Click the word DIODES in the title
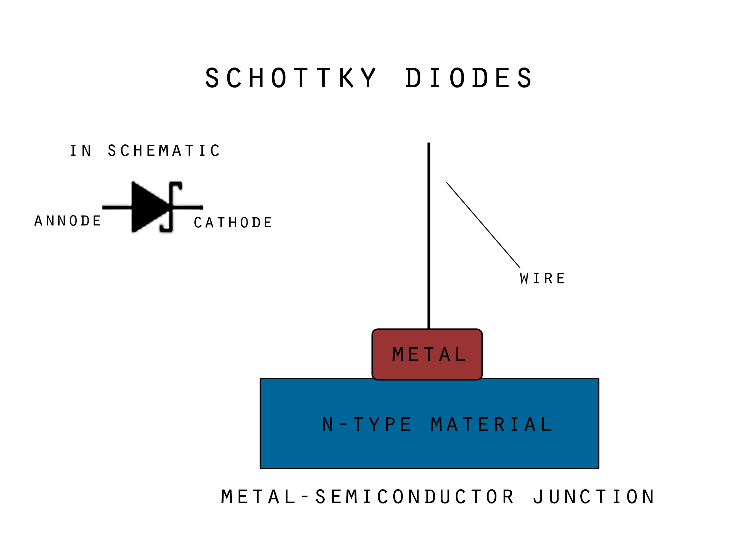[x=469, y=78]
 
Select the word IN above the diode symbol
[x=81, y=151]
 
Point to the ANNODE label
[x=68, y=221]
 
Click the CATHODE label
[x=233, y=223]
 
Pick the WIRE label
[x=542, y=279]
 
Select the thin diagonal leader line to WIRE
[x=483, y=225]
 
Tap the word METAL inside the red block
[x=429, y=355]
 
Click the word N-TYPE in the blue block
[x=366, y=425]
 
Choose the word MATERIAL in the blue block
[x=491, y=425]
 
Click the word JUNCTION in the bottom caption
[x=594, y=497]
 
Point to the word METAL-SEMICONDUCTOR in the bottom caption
[x=367, y=497]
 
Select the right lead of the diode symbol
[x=189, y=207]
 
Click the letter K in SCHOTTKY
[x=346, y=78]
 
